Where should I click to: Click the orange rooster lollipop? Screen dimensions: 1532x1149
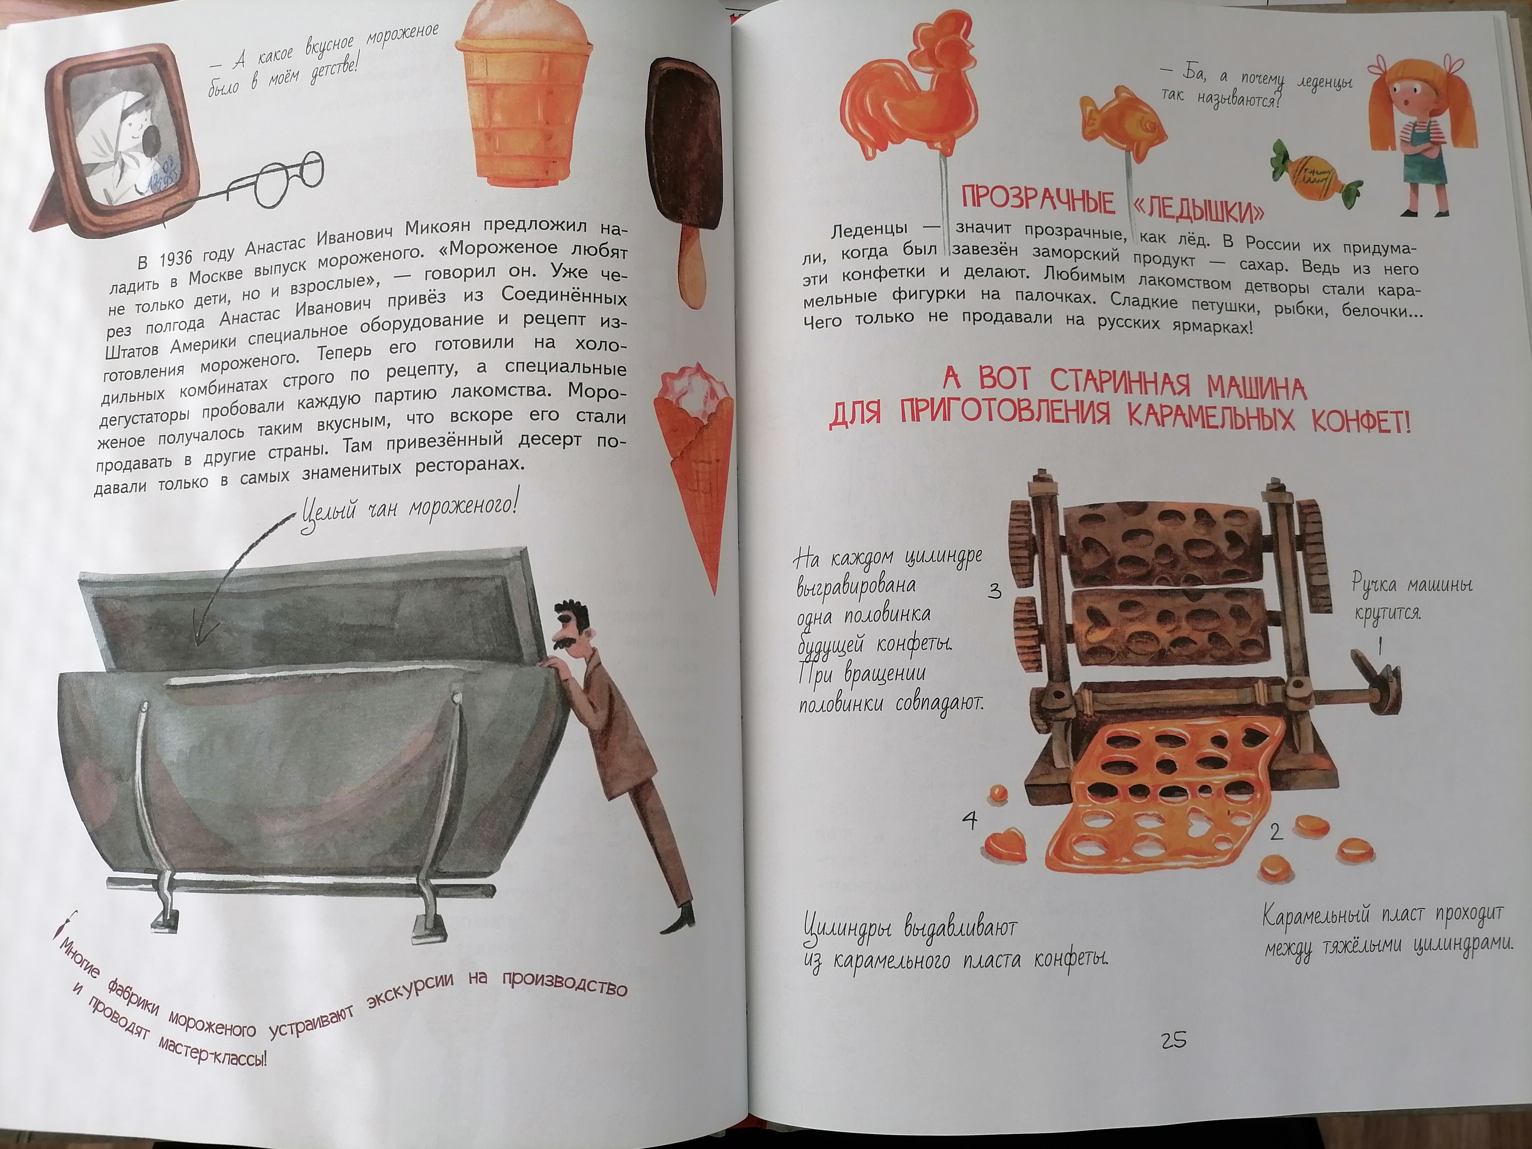(907, 118)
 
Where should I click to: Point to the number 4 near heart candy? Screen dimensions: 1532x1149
(970, 822)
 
